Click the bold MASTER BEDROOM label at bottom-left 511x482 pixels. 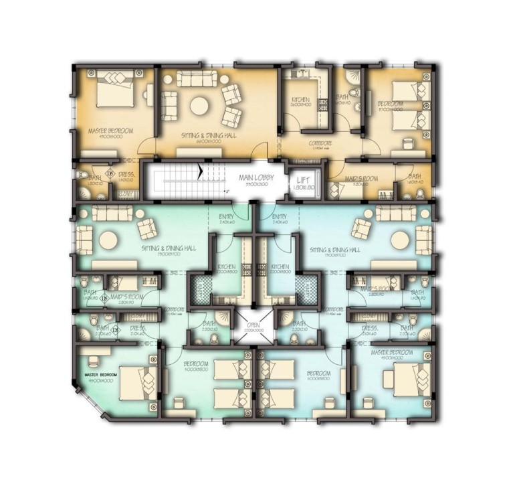(x=102, y=374)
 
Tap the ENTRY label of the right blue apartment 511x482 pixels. (x=280, y=216)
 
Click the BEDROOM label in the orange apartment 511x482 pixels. (x=389, y=104)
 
